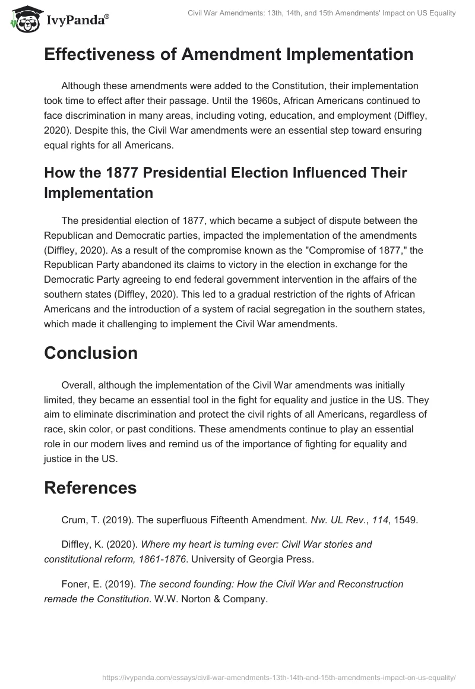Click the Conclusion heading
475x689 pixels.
(91, 353)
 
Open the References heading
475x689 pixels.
(90, 488)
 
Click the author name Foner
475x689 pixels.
(75, 584)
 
